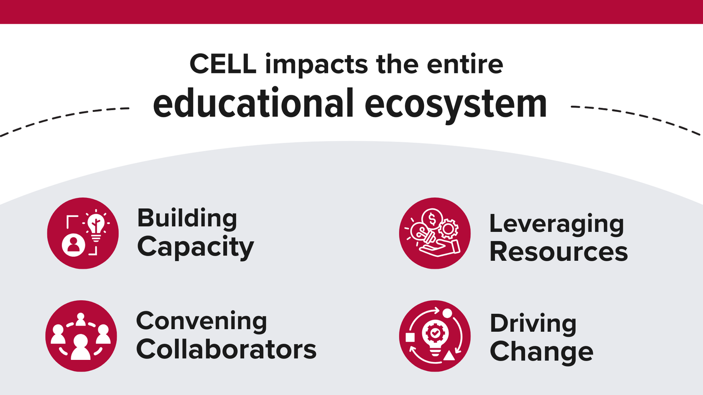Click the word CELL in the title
(x=223, y=64)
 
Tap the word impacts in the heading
(x=316, y=65)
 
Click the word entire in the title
(x=465, y=64)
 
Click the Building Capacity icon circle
(x=83, y=233)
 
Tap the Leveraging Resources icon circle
(x=435, y=233)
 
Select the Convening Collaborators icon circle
(x=81, y=336)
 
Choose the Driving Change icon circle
(x=435, y=336)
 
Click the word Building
(x=187, y=219)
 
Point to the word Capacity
(x=196, y=247)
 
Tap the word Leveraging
(x=556, y=224)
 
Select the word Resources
(x=558, y=252)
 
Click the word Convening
(x=201, y=321)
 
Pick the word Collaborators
(x=226, y=349)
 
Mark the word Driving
(x=533, y=324)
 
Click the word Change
(x=541, y=352)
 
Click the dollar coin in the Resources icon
(x=432, y=219)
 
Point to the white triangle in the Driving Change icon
(x=449, y=355)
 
